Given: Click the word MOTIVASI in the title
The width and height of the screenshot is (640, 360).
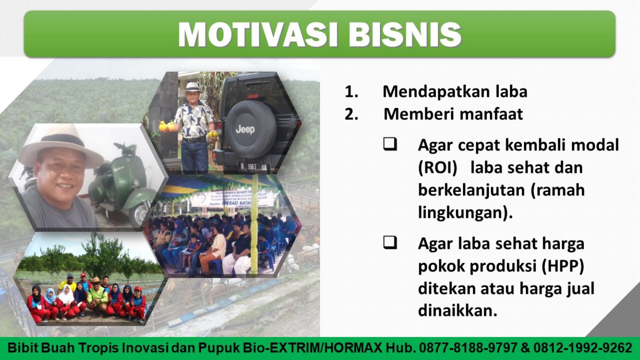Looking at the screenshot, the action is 258,34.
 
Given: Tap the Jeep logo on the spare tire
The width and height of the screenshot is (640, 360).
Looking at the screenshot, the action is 245,130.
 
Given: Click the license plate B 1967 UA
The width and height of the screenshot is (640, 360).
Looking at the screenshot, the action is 254,167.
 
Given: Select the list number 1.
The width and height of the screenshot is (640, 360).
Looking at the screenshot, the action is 352,92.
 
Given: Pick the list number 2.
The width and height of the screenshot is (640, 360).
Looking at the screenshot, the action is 352,114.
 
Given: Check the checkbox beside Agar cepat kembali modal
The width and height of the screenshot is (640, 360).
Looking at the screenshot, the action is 390,144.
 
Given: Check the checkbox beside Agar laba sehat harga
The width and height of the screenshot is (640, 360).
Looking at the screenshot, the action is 390,243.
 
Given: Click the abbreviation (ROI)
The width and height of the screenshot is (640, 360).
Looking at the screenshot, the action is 438,168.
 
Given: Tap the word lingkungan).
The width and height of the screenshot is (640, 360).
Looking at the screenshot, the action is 465,213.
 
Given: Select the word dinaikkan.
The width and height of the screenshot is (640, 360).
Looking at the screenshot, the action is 458,310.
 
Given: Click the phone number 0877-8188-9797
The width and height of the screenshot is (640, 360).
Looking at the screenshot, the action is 468,348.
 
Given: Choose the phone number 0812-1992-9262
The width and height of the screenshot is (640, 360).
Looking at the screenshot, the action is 582,348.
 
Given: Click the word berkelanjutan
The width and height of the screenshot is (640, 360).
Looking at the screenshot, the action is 472,191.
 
